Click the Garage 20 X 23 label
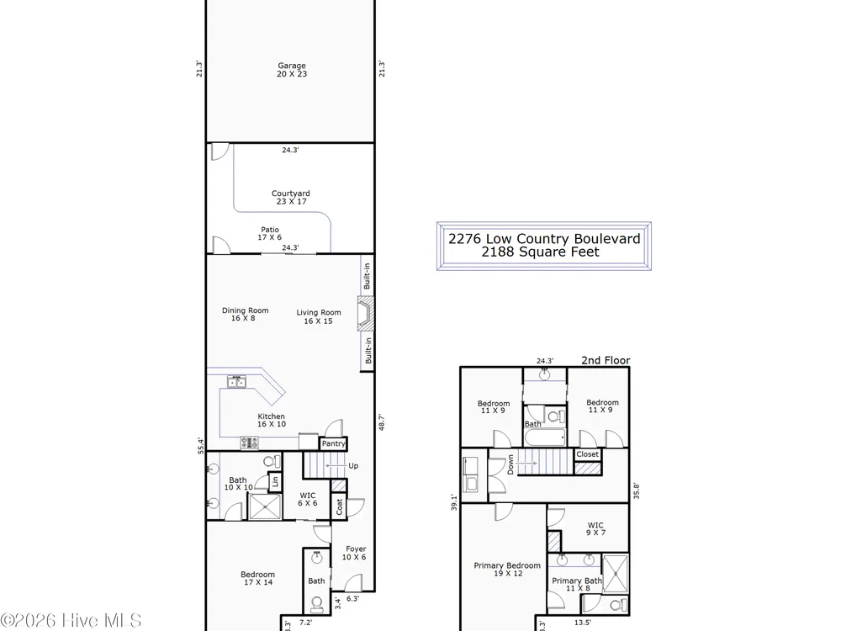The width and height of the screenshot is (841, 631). [x=292, y=70]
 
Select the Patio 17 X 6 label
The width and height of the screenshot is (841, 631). [x=270, y=233]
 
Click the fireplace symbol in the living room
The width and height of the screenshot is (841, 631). [x=366, y=313]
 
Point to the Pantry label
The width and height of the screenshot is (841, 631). [x=333, y=443]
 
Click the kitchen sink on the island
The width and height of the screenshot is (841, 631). [x=236, y=381]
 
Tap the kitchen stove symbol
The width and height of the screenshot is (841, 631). [x=250, y=443]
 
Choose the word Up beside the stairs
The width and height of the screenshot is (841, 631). [x=353, y=466]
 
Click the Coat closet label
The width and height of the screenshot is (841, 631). [x=339, y=507]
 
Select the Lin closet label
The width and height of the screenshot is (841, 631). [x=275, y=481]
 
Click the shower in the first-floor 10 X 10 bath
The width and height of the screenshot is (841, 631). [x=265, y=506]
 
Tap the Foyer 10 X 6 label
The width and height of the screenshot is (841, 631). [x=355, y=553]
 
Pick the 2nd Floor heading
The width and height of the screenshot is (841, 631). [x=606, y=361]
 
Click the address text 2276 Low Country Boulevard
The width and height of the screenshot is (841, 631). [x=544, y=239]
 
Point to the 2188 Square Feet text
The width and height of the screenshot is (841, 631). [x=540, y=252]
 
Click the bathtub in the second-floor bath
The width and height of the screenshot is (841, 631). [x=545, y=437]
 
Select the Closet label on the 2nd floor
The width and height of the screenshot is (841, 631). [x=587, y=454]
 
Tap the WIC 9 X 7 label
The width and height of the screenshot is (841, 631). [x=595, y=529]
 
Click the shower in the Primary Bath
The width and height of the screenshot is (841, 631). [x=616, y=573]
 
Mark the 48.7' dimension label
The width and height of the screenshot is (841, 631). [x=381, y=422]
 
